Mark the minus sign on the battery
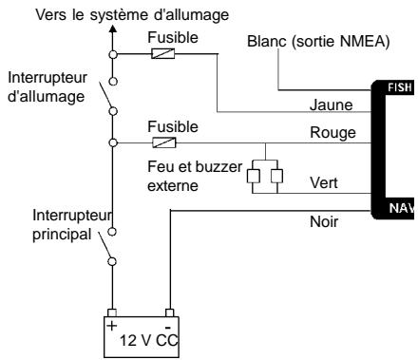(169, 322)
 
